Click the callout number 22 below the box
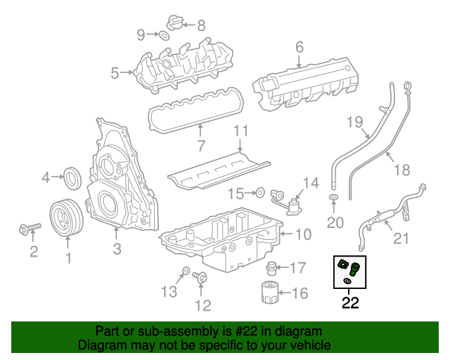[349, 304]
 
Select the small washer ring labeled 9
[163, 35]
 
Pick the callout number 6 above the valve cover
[299, 48]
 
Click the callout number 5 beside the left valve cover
[115, 71]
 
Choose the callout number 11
[241, 131]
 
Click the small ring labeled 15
[259, 191]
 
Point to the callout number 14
[310, 183]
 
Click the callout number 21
[399, 239]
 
